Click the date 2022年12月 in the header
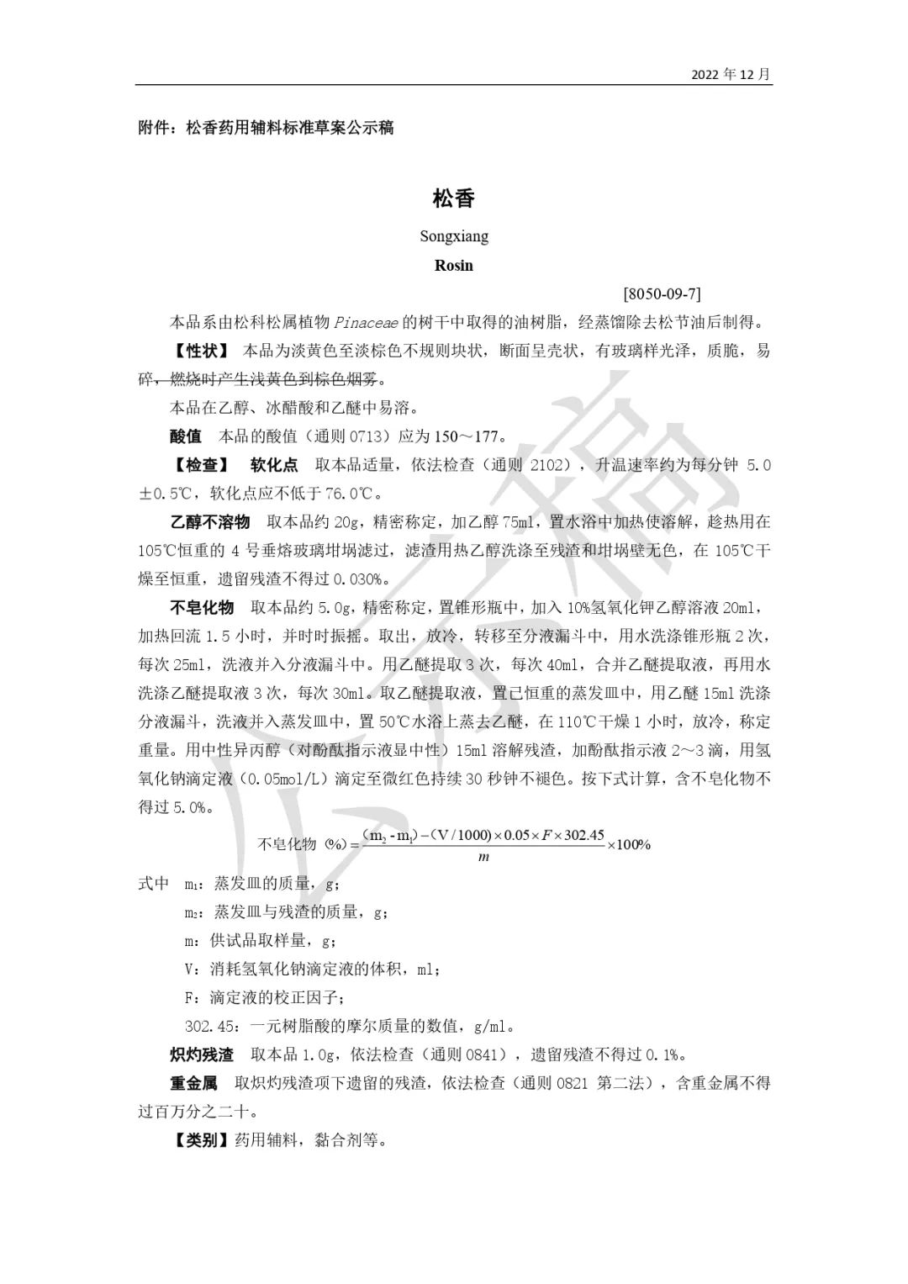pos(730,74)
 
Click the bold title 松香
pos(454,198)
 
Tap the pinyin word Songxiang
pos(454,236)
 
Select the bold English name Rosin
pos(454,266)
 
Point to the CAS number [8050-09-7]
pos(662,294)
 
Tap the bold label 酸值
pos(186,436)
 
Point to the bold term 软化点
pos(274,465)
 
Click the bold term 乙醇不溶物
pos(210,522)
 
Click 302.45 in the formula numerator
pos(583,836)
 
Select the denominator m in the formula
pos(483,857)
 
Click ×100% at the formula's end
pos(629,844)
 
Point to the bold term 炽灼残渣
pos(202,1054)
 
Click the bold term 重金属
pos(193,1083)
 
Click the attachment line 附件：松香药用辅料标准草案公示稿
pos(266,129)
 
